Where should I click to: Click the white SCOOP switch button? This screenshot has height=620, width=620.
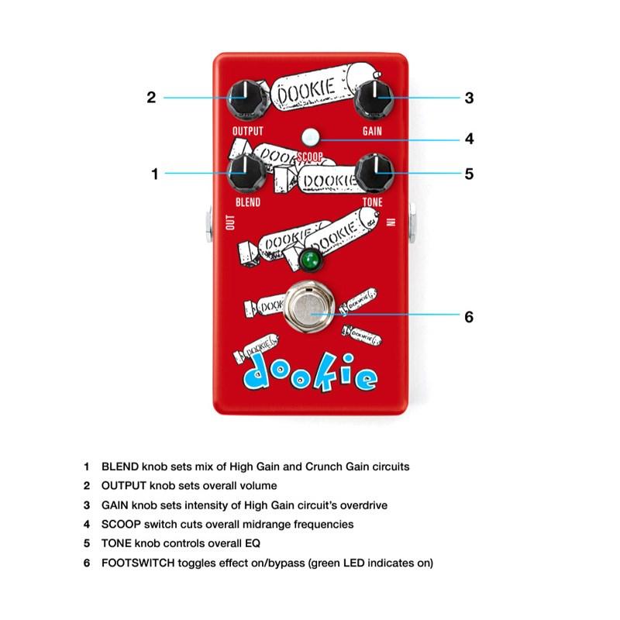[312, 137]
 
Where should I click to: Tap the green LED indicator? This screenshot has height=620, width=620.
[312, 260]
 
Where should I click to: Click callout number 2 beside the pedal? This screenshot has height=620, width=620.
[152, 98]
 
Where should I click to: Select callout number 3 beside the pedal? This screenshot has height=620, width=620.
[469, 98]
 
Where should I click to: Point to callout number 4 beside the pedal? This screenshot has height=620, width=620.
[469, 139]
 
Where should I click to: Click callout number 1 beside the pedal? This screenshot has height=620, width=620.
[154, 174]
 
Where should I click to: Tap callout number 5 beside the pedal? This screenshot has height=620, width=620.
[469, 174]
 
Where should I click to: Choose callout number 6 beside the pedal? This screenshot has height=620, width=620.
[469, 316]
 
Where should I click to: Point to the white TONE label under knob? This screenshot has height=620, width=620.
[373, 202]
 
